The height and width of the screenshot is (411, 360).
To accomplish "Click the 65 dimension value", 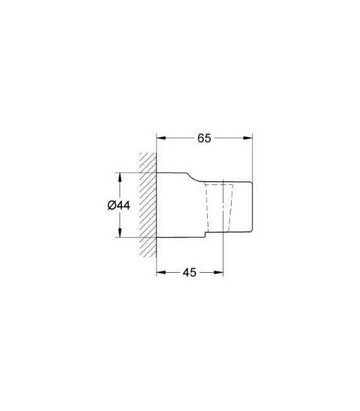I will pyautogui.click(x=203, y=138).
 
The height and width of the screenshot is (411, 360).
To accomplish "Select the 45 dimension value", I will pyautogui.click(x=189, y=272).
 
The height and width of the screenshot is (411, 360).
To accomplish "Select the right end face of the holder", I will pyautogui.click(x=252, y=205).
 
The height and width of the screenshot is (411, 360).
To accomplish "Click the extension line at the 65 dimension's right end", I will pyautogui.click(x=252, y=158).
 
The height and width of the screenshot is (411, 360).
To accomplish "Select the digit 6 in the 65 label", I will pyautogui.click(x=200, y=138).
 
